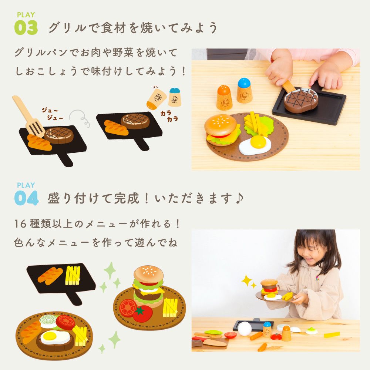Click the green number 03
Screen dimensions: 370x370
tap(26, 28)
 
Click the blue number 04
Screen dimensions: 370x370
tap(26, 198)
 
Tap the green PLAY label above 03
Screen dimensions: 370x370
tap(26, 15)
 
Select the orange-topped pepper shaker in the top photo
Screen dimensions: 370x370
tap(224, 98)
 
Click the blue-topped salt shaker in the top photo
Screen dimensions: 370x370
tap(245, 90)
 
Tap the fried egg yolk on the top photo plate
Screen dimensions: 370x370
tap(258, 141)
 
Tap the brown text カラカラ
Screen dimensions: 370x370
tap(169, 116)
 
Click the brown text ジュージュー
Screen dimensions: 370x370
tap(53, 114)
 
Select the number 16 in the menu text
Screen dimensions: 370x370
tap(20, 224)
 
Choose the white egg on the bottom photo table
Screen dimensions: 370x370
tap(245, 329)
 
